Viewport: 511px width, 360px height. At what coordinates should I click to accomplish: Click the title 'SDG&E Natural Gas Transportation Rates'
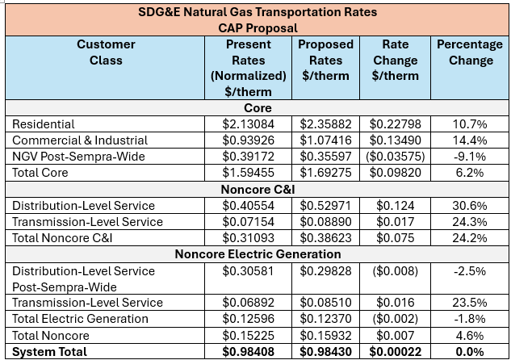[x=257, y=12]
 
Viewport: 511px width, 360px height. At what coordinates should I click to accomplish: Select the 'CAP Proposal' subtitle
[x=257, y=28]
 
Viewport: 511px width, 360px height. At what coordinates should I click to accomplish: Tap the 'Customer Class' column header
[x=106, y=52]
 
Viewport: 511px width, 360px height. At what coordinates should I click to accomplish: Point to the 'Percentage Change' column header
[x=471, y=52]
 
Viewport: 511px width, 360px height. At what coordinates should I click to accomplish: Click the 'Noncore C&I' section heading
[x=257, y=190]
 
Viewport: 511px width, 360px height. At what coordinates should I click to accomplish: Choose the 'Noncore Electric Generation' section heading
[x=257, y=254]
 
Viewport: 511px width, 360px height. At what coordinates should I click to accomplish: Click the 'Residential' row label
[x=44, y=124]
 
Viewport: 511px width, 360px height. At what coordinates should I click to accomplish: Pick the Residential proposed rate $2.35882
[x=326, y=124]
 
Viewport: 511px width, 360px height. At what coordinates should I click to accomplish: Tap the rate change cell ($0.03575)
[x=396, y=157]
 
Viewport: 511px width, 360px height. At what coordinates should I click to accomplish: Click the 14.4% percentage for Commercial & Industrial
[x=471, y=140]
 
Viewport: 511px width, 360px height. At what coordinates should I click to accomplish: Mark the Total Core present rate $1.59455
[x=248, y=173]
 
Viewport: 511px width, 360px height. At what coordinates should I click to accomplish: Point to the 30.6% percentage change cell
[x=471, y=206]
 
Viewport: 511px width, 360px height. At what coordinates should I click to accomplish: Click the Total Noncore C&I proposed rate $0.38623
[x=326, y=238]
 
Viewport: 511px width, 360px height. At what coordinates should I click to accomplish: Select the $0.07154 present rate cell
[x=248, y=222]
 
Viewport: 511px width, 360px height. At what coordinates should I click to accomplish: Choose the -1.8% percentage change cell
[x=471, y=319]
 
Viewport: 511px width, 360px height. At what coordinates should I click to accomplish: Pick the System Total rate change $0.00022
[x=396, y=351]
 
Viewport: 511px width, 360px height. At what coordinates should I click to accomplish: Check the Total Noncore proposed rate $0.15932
[x=326, y=335]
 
